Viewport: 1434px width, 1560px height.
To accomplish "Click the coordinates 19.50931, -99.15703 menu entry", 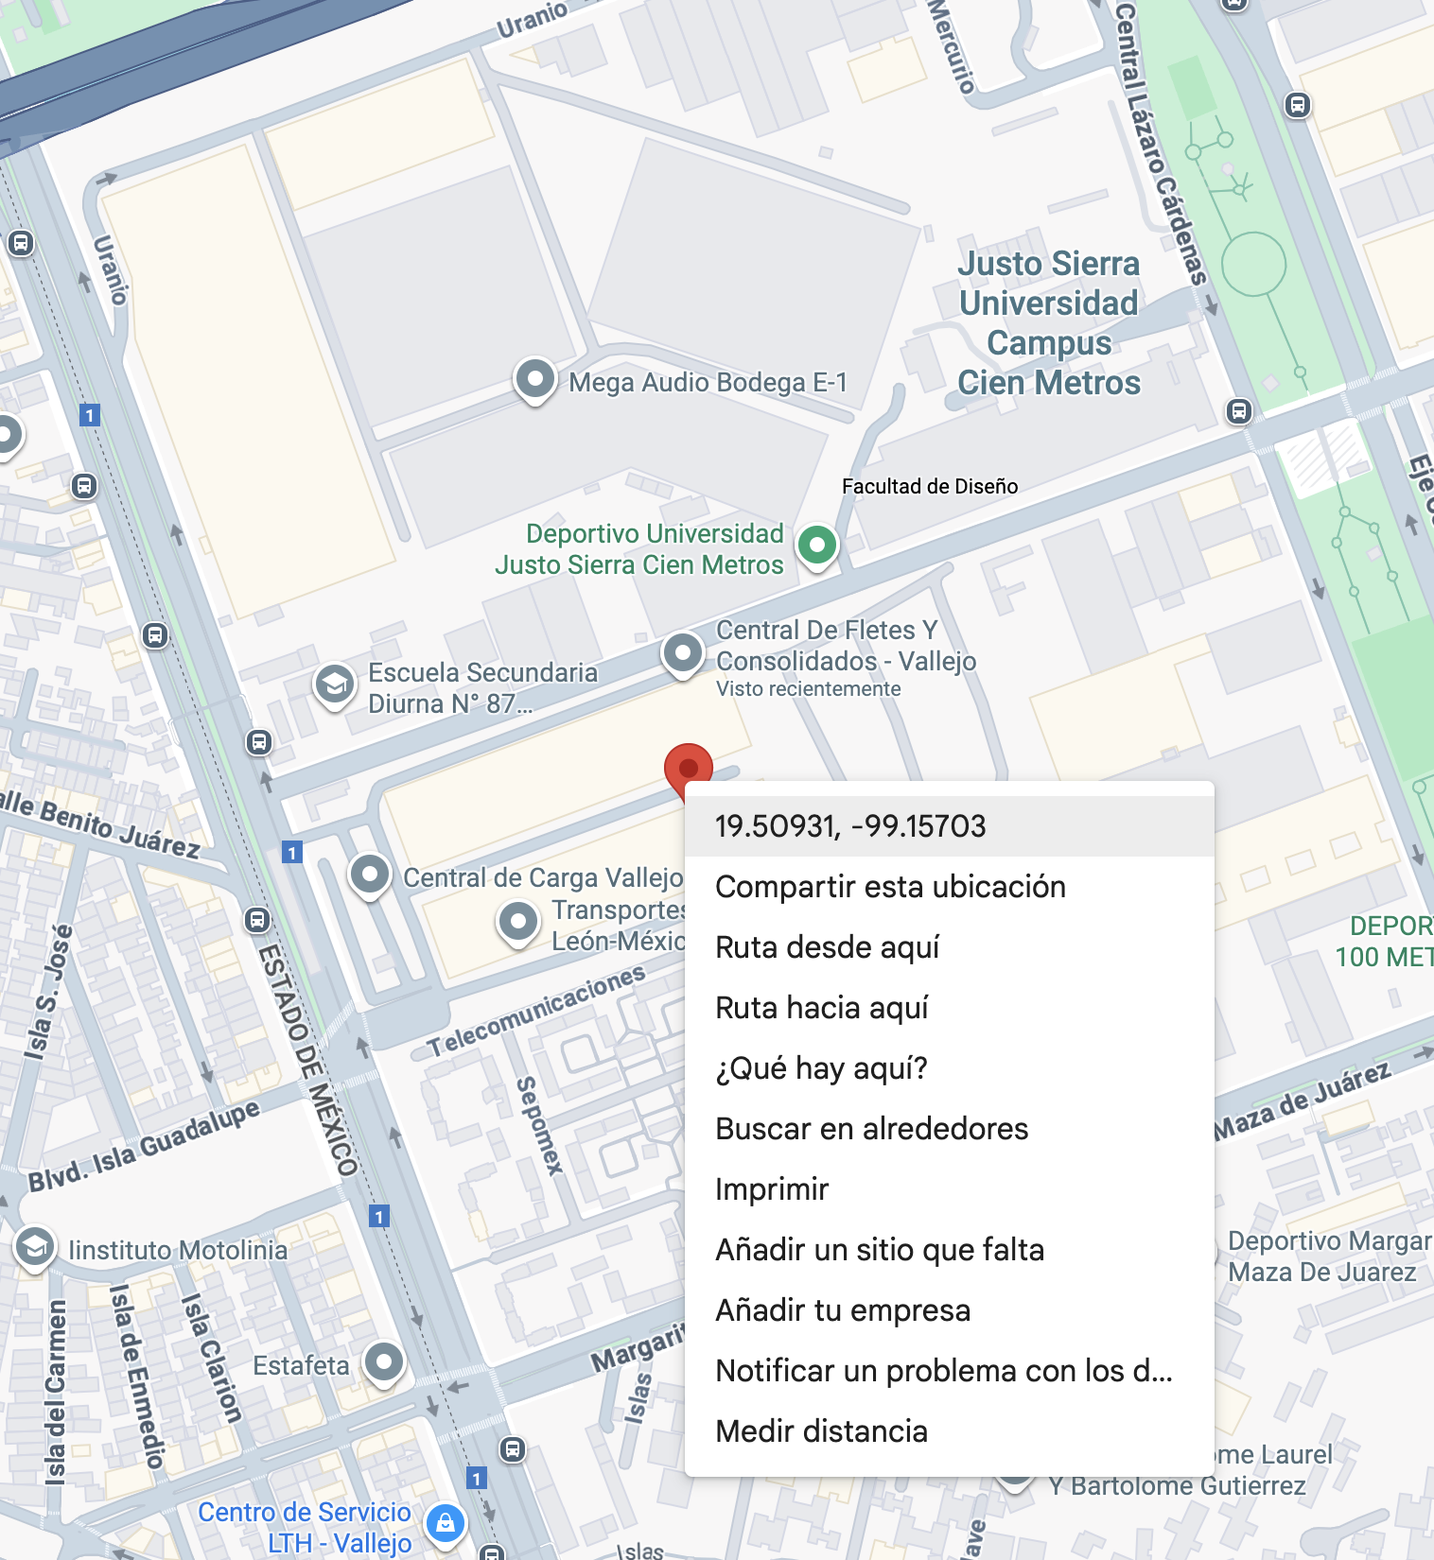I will coord(849,826).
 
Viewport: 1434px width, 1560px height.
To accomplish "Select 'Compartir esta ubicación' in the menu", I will coord(890,887).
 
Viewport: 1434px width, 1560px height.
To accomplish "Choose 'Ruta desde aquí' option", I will coord(828,947).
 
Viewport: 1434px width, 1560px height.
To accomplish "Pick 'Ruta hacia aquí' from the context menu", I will coord(822,1008).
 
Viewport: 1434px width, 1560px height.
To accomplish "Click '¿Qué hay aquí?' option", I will coord(821,1068).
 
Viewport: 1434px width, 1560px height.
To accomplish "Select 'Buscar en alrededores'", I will coord(871,1129).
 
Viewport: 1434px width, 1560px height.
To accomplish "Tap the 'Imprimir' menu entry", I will coord(772,1189).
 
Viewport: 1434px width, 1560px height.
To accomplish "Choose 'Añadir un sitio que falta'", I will coord(880,1250).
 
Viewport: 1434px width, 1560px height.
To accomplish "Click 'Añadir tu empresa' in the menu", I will coord(843,1310).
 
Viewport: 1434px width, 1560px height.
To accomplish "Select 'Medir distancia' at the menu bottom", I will coord(821,1431).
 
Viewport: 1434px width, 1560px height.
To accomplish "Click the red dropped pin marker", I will coord(689,767).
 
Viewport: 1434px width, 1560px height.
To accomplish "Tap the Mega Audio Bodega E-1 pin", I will coord(534,379).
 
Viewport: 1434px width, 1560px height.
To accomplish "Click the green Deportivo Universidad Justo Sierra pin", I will coord(817,545).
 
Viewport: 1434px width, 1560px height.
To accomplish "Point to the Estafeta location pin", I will coord(384,1362).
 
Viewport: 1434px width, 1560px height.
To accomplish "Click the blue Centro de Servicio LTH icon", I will coord(446,1523).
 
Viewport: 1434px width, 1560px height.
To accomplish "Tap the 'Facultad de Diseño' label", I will coord(930,486).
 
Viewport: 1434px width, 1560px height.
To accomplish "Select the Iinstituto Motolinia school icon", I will coord(35,1247).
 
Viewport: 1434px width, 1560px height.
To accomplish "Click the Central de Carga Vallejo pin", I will coord(370,875).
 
